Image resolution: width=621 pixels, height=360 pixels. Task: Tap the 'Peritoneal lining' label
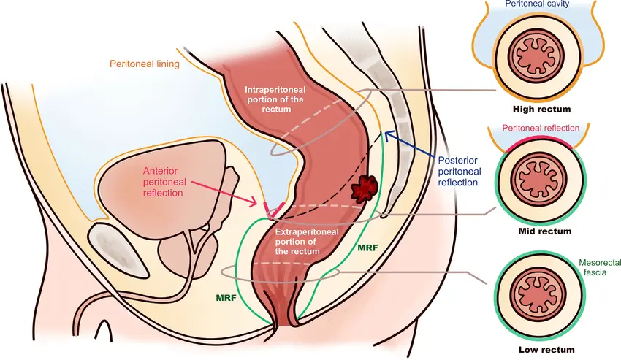145,64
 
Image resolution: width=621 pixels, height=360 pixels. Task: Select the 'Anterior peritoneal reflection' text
163,182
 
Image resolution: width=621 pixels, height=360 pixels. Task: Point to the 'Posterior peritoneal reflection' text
460,172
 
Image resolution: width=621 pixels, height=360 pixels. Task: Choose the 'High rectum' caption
541,109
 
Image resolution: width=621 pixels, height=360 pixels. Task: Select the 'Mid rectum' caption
544,231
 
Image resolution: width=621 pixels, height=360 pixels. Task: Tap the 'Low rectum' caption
546,350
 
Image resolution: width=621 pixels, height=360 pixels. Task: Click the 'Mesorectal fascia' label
598,267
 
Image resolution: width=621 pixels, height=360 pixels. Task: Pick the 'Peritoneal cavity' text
537,4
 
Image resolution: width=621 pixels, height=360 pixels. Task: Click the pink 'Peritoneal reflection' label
541,128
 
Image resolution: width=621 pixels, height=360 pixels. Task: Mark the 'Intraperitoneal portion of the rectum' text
275,99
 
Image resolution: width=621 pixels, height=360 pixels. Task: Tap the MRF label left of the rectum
226,297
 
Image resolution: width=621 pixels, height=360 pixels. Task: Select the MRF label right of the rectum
367,248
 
